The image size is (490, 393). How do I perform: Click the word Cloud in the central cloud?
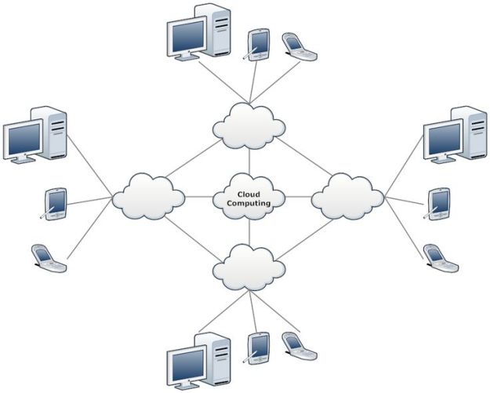[249, 195]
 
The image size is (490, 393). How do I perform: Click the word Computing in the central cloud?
[249, 203]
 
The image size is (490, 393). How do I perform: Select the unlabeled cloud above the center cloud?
[249, 126]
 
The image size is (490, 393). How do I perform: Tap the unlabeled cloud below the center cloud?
[249, 267]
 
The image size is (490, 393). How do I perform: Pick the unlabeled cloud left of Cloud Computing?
[148, 196]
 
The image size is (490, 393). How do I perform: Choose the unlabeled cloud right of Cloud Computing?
[347, 196]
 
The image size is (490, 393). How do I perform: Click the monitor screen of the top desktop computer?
[188, 36]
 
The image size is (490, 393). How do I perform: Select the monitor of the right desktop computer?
[444, 141]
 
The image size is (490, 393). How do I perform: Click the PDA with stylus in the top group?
[257, 45]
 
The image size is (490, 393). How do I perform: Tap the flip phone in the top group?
[299, 46]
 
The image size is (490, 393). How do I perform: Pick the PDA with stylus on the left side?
[54, 204]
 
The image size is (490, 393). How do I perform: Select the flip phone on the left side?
[49, 258]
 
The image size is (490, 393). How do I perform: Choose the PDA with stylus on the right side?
[437, 204]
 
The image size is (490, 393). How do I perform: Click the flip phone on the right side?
[441, 258]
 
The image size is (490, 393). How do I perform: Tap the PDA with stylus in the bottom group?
[257, 348]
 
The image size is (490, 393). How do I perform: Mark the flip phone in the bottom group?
[299, 346]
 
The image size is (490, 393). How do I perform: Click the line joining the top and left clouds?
[194, 158]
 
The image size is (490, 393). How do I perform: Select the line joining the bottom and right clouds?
[305, 240]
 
